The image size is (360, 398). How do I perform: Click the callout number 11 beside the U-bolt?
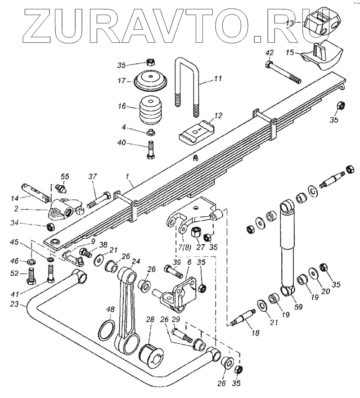point(218,79)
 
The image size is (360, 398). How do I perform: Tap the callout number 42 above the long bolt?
point(269,53)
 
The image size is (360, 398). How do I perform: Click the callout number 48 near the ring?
point(111,310)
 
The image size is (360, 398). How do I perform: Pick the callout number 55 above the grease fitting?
point(65,176)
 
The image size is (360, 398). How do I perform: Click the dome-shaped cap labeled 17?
point(151,81)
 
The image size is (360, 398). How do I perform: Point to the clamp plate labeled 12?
point(196,131)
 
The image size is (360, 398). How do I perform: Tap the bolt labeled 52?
point(31,275)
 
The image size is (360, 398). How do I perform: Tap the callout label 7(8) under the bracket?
point(183,247)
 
